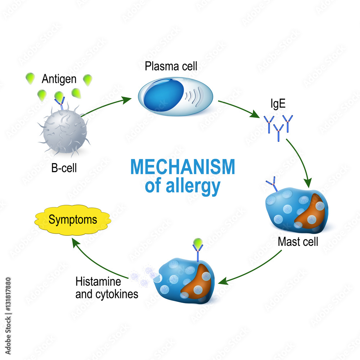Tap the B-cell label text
[x=64, y=168]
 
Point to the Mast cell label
[x=298, y=242]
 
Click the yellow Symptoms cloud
[x=73, y=220]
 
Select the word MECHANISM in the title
[x=183, y=167]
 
